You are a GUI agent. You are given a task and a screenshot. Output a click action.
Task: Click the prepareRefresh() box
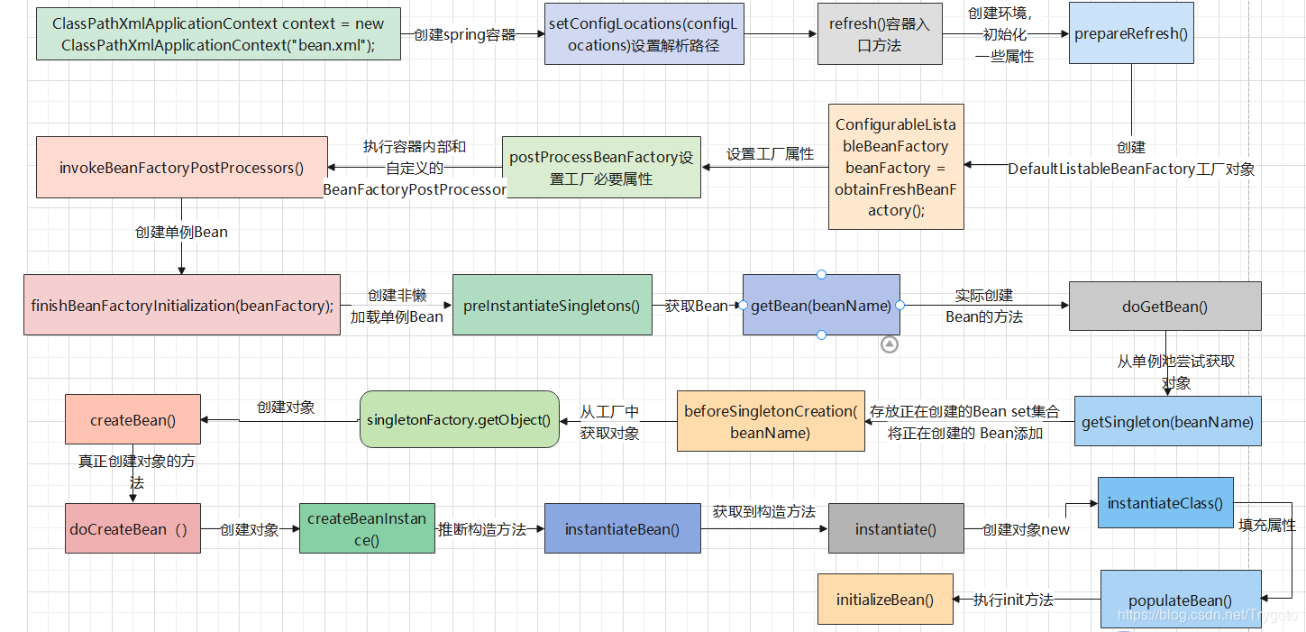tap(1131, 34)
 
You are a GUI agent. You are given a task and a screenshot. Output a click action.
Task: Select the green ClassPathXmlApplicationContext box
tap(218, 34)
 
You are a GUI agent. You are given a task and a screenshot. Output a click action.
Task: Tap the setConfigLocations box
tap(644, 34)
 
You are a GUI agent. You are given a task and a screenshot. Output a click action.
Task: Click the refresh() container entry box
tap(879, 34)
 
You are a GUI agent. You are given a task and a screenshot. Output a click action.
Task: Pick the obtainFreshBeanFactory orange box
tap(895, 167)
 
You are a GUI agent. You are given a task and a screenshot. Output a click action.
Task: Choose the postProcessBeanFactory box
tap(600, 167)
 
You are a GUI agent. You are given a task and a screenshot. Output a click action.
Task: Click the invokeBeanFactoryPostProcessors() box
tap(181, 167)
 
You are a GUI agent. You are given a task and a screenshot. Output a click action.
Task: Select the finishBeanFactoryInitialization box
tap(181, 305)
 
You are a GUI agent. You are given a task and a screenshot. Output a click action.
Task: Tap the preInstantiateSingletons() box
tap(552, 305)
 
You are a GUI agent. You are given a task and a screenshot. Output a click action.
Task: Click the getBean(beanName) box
tap(821, 305)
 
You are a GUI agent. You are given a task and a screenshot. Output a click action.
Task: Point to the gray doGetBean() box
tap(1164, 306)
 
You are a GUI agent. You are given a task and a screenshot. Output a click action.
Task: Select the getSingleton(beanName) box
tap(1167, 421)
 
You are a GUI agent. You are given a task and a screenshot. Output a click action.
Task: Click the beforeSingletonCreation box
tap(770, 421)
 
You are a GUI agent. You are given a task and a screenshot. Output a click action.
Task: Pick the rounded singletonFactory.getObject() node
tap(460, 419)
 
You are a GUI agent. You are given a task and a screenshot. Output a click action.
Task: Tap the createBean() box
tap(132, 419)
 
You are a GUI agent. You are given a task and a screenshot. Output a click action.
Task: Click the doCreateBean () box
tap(132, 528)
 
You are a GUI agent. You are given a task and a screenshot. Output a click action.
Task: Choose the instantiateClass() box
tap(1164, 503)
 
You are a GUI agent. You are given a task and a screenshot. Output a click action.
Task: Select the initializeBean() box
tap(884, 599)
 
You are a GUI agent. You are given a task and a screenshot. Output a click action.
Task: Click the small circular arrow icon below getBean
tap(890, 343)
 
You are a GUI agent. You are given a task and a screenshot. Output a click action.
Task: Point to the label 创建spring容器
tap(464, 35)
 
